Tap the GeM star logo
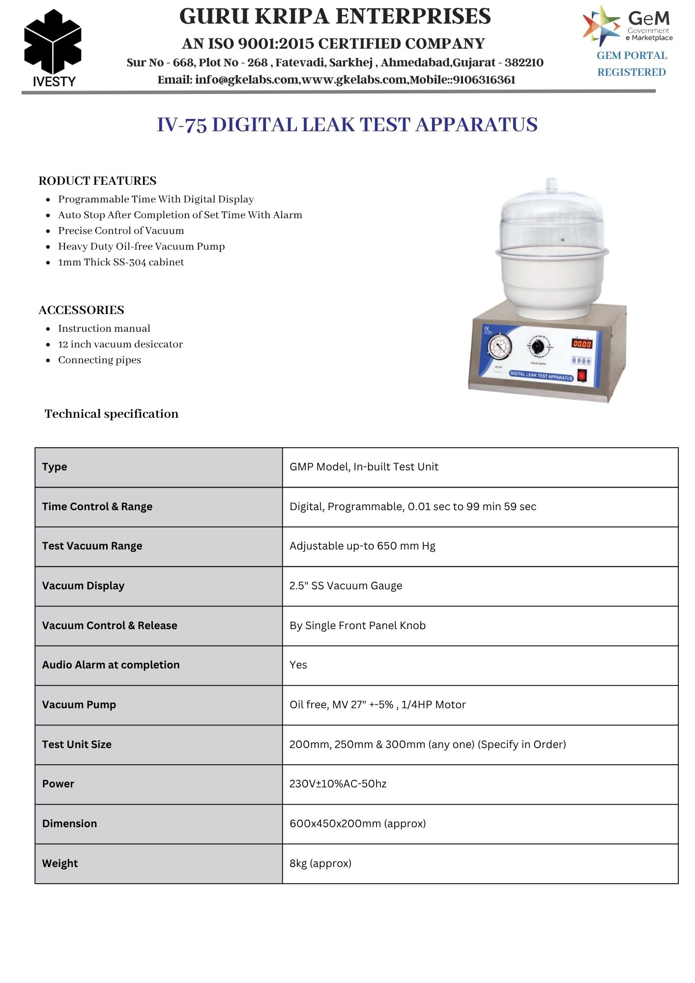coord(601,26)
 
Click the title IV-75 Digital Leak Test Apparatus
coord(347,125)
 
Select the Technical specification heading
coord(112,414)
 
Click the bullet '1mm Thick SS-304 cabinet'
coord(121,262)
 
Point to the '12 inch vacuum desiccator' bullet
coord(120,344)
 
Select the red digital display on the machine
coord(581,344)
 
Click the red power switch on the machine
coord(582,376)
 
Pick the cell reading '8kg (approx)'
coord(320,864)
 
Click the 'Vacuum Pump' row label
coord(79,705)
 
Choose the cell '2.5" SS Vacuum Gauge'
coord(346,586)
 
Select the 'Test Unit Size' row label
coord(77,745)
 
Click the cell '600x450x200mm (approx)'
coord(357,824)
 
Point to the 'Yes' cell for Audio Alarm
coord(298,665)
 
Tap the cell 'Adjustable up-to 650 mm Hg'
coord(362,546)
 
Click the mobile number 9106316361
coord(484,80)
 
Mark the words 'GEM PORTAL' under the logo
coord(632,56)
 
